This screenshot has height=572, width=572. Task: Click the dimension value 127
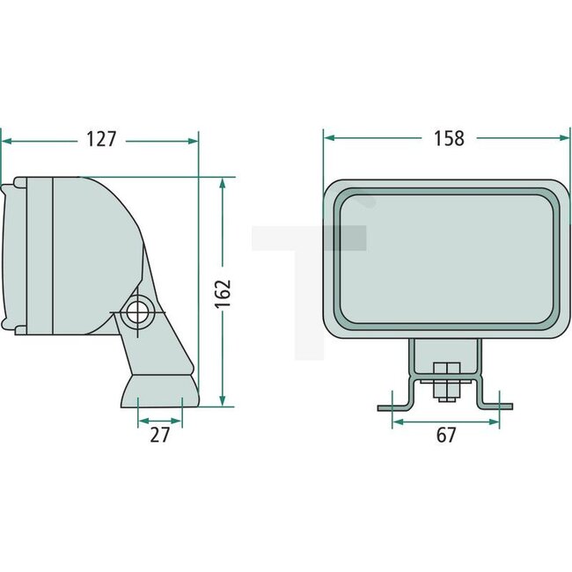pos(102,140)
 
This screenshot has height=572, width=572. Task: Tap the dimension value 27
pos(159,435)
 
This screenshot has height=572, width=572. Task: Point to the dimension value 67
pos(446,435)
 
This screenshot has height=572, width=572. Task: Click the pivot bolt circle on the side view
pos(138,311)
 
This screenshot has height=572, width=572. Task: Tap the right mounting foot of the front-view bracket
pos(497,407)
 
